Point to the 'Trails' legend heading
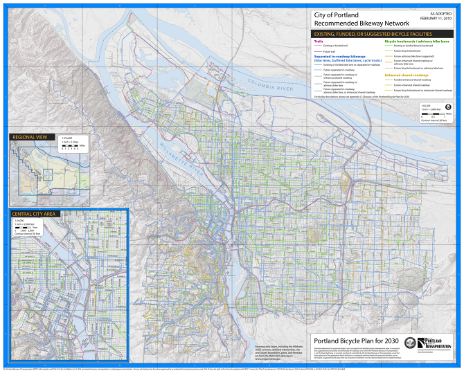(x=319, y=41)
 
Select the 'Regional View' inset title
(x=29, y=138)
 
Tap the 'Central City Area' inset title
(x=35, y=214)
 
